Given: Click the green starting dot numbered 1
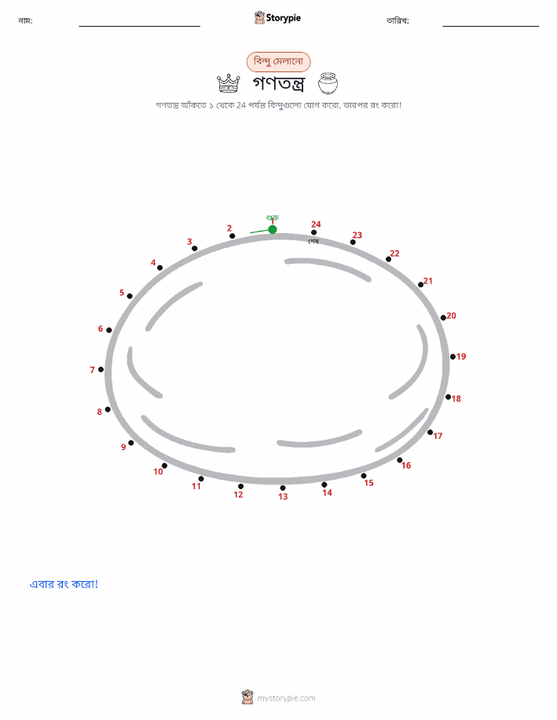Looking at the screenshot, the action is [x=273, y=229].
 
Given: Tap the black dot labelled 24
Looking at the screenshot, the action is [x=314, y=232].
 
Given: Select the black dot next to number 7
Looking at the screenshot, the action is [x=101, y=369].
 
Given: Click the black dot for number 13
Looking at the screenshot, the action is [x=283, y=488].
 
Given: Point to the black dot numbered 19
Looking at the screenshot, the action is [x=453, y=356].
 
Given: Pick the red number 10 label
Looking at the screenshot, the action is [x=158, y=472].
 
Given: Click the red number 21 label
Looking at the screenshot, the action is [x=428, y=280].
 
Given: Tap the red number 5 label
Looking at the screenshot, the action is [x=122, y=293].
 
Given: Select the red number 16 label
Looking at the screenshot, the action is [x=406, y=465].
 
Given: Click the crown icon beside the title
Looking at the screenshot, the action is [x=229, y=83].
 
